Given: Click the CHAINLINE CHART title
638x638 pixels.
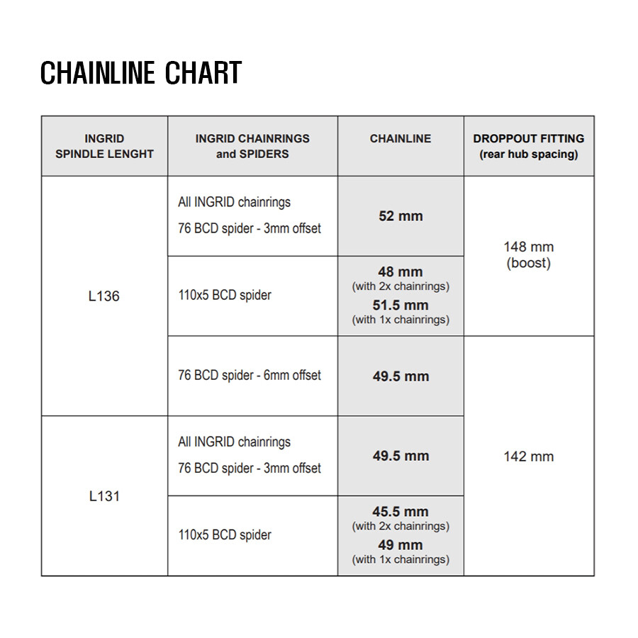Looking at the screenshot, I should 141,73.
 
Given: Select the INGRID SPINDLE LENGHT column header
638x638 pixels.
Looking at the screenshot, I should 104,146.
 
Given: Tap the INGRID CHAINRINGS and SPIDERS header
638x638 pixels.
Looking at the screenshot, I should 252,146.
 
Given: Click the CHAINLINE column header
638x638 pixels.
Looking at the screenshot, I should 401,139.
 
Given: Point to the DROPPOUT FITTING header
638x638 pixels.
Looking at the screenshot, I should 529,139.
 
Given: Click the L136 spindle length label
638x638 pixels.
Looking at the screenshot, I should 104,296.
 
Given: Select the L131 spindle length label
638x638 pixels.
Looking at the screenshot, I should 104,496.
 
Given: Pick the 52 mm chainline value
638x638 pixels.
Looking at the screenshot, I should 401,216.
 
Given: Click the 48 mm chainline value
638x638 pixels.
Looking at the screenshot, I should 401,272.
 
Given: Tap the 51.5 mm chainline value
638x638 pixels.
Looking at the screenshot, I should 401,306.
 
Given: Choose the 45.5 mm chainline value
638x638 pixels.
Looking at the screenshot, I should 401,511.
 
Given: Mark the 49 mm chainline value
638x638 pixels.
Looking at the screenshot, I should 401,545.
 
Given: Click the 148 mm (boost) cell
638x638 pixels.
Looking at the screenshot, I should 529,255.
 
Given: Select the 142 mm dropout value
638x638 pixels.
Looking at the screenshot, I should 529,457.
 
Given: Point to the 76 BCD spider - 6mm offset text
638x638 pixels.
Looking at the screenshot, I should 250,376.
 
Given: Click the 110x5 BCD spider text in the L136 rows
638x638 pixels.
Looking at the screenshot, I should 225,296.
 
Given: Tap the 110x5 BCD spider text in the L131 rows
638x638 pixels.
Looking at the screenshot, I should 225,535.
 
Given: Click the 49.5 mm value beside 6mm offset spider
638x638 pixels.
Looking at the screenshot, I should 401,376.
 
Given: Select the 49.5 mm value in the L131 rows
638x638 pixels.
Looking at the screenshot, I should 401,456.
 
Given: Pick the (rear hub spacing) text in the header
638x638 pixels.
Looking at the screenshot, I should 529,154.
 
